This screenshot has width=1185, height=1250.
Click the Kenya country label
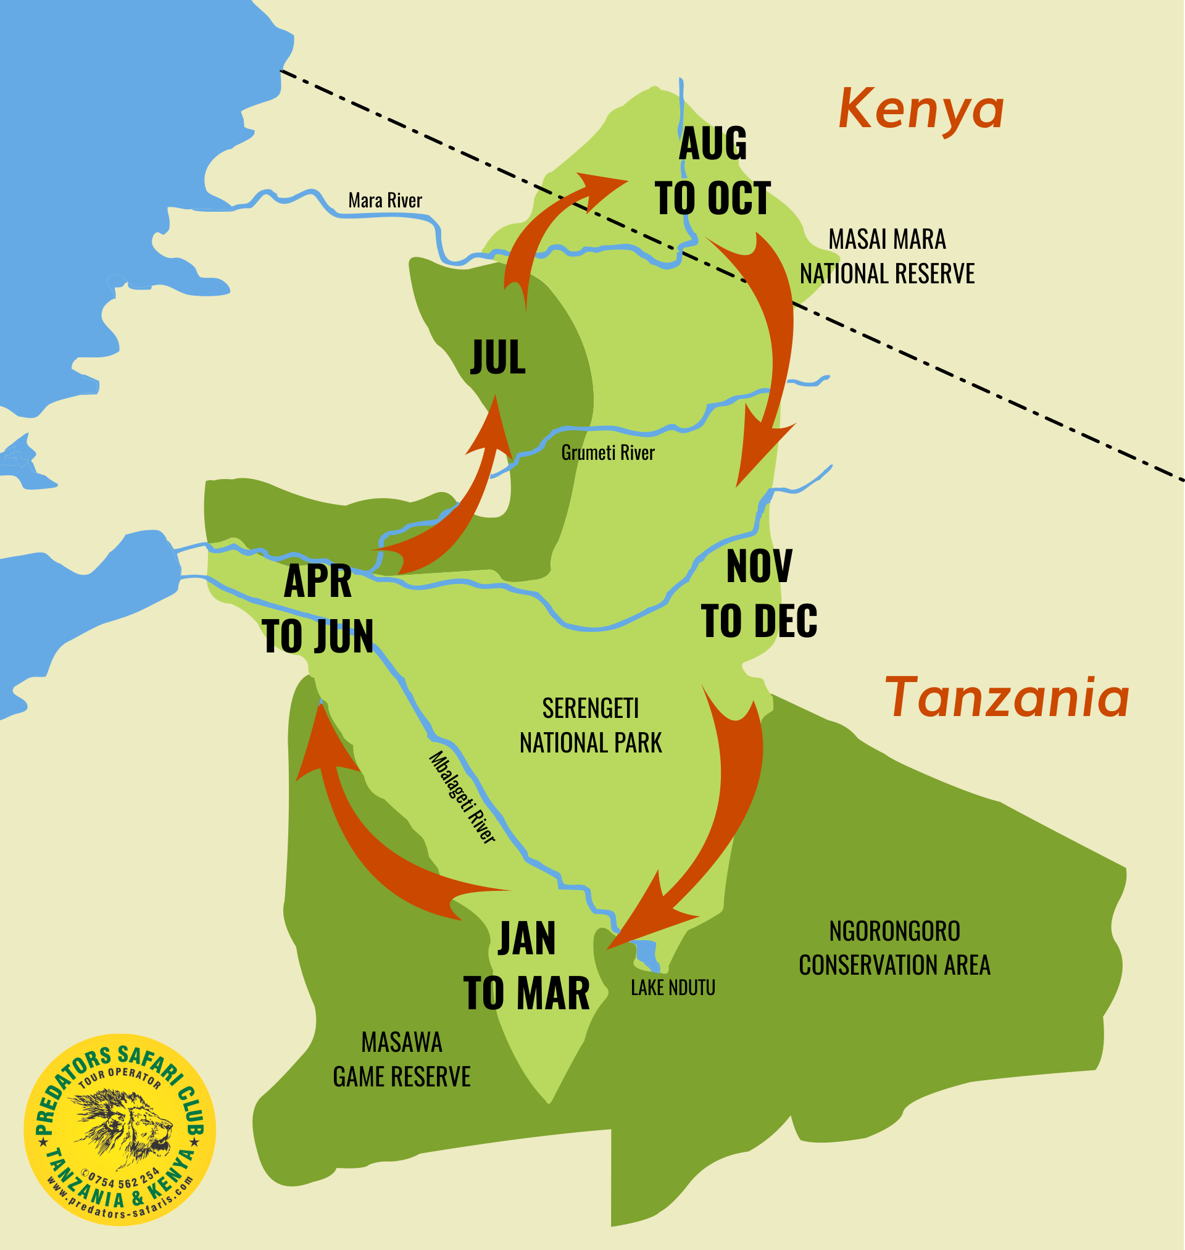(x=921, y=110)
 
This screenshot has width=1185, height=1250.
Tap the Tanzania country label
(x=1006, y=699)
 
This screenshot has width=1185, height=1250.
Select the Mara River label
(x=385, y=201)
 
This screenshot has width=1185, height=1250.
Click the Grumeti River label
(x=608, y=453)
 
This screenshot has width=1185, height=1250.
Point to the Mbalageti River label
(x=462, y=797)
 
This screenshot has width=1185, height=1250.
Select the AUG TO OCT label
(x=712, y=172)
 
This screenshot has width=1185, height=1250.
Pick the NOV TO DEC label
(x=759, y=594)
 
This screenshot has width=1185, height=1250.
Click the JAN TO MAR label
(x=526, y=967)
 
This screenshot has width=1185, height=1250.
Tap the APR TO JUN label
(x=318, y=609)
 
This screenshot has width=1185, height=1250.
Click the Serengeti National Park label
(x=591, y=726)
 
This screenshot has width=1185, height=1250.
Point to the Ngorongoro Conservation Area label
(x=894, y=948)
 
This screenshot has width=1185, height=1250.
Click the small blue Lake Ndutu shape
(x=647, y=953)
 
